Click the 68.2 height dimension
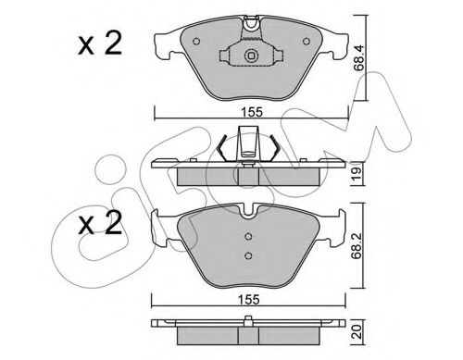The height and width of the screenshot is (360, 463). tap(358, 248)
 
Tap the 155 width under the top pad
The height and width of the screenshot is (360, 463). tap(252, 112)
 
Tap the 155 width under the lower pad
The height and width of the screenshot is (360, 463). tap(249, 300)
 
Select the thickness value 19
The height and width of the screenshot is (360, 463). tap(358, 175)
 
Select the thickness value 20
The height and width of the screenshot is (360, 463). tap(358, 332)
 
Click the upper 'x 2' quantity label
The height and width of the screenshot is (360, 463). tap(100, 44)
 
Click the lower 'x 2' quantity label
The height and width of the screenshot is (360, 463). tap(100, 223)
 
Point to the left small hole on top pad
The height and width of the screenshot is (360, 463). tap(196, 41)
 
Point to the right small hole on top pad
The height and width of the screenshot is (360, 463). tap(307, 41)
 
